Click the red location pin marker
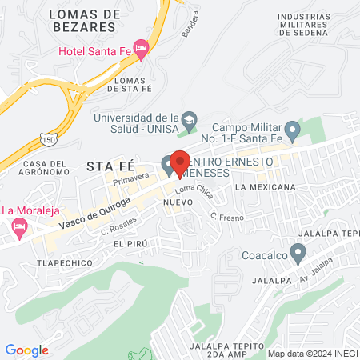[x=180, y=162]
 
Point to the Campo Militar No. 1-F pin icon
[x=293, y=129]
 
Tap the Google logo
[x=26, y=350]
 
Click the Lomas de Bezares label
[x=84, y=20]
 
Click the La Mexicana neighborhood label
[x=265, y=186]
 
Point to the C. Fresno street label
[x=226, y=216]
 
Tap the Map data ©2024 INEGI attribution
[x=312, y=353]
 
